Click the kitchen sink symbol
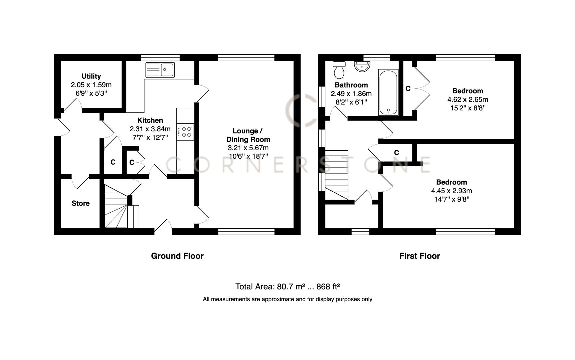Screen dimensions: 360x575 (x=160, y=70)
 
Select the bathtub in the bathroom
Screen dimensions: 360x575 (x=388, y=92)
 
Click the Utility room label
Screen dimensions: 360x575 (x=91, y=76)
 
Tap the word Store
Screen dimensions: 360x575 (x=80, y=203)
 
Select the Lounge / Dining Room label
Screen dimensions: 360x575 (x=248, y=135)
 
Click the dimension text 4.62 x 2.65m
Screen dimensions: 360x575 (x=467, y=99)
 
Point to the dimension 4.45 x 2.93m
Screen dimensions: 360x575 (x=451, y=191)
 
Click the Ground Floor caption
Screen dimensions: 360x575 (x=177, y=256)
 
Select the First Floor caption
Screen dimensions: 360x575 (x=419, y=256)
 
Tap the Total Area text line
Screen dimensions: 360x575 (x=287, y=287)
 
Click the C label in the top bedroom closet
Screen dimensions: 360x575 (x=408, y=88)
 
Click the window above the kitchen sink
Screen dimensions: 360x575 (x=160, y=57)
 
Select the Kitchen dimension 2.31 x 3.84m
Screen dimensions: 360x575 (x=150, y=129)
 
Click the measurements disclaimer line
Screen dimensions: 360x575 (x=287, y=299)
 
